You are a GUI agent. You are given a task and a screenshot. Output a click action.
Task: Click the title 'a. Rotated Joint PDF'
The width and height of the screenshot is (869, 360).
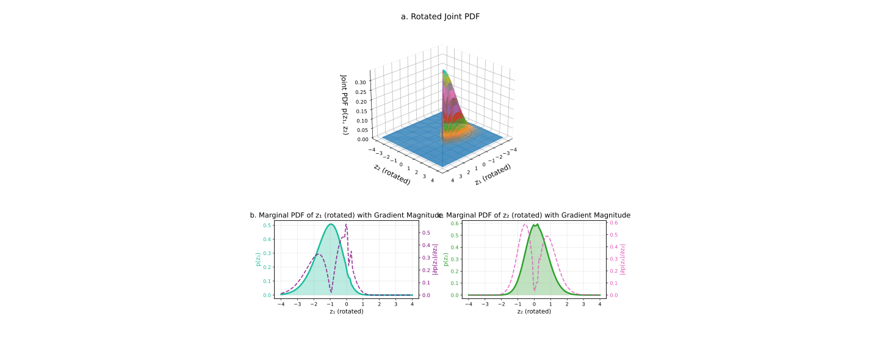point(440,16)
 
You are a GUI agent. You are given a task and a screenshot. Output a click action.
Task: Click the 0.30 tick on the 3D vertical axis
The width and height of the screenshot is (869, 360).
point(362,81)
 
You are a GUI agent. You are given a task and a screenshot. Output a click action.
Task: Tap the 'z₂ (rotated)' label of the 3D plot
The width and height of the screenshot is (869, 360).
point(392,174)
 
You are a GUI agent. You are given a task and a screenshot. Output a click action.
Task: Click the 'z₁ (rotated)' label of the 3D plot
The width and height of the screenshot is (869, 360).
point(492,175)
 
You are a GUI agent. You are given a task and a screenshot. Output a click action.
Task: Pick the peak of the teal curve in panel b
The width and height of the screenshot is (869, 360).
point(330,224)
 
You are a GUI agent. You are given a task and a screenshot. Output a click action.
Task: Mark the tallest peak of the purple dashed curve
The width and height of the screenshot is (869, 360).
point(346,225)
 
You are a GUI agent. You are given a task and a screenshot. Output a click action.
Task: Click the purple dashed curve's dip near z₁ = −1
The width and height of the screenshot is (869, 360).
point(331,292)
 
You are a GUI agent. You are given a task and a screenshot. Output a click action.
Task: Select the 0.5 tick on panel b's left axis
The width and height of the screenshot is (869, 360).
point(267,225)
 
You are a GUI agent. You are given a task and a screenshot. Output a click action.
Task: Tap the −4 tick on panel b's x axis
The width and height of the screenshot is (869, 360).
point(281,303)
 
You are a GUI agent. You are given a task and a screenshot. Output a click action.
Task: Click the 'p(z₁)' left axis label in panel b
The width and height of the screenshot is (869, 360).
point(258,260)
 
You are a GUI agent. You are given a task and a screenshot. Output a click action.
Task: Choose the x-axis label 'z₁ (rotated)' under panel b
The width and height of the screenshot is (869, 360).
point(346,311)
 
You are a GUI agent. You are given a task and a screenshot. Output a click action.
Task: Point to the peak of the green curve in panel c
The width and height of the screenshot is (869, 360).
point(534,225)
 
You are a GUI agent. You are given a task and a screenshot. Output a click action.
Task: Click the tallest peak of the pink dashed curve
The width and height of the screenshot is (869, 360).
point(525,225)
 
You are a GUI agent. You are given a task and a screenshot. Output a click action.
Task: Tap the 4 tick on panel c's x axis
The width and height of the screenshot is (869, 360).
point(599,303)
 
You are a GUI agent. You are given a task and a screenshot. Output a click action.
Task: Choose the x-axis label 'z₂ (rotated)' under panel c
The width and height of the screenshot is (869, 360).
point(534,311)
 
